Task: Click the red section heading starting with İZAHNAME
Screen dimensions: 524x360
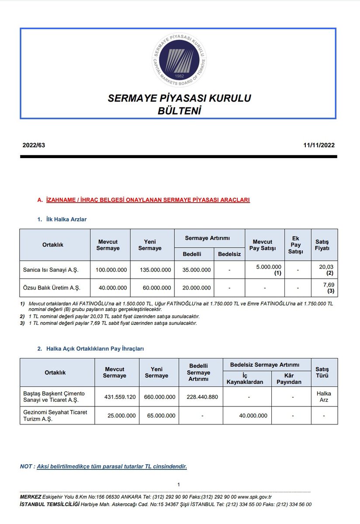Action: [147, 200]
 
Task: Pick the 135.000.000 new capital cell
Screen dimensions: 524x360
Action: [152, 270]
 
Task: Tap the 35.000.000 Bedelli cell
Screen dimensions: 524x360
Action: [194, 270]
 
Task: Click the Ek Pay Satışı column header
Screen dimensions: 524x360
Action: [298, 245]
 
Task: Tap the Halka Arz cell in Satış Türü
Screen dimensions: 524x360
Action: [324, 396]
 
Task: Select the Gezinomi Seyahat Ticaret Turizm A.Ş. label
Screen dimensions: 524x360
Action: [55, 415]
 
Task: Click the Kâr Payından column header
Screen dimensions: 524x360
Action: [291, 378]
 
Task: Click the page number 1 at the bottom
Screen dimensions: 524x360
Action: [179, 484]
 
